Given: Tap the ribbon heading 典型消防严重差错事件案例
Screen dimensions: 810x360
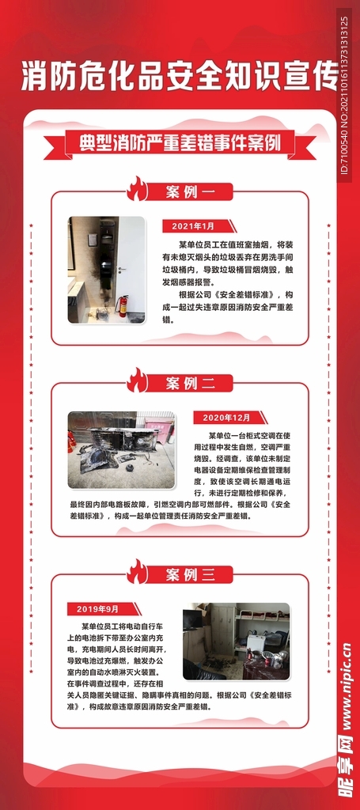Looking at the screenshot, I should [180, 145].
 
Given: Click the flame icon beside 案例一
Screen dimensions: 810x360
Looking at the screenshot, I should [137, 190].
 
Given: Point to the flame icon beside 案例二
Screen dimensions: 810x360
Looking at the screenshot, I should [137, 380].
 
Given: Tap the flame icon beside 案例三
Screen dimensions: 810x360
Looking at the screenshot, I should [137, 571].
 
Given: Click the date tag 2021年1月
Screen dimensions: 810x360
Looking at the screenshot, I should [194, 226].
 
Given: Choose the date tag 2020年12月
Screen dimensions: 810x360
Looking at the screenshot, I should [226, 418].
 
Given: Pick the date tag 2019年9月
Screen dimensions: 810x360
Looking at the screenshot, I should [98, 609].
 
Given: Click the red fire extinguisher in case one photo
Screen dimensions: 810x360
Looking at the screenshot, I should [123, 305].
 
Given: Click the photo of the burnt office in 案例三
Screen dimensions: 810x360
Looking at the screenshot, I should [236, 642].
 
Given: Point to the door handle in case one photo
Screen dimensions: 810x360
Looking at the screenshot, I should [119, 270].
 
